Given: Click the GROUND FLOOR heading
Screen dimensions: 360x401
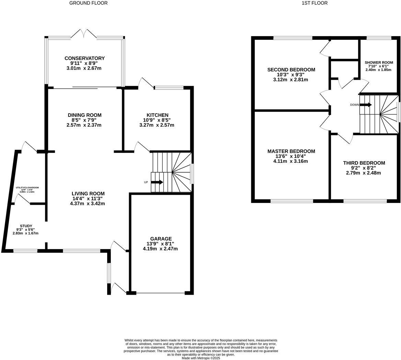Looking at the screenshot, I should click(88, 3).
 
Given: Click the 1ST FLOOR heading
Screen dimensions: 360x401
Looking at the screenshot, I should click(314, 3).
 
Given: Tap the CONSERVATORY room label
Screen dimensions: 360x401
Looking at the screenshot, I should click(84, 58).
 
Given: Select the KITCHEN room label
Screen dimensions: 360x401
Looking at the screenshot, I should click(157, 115).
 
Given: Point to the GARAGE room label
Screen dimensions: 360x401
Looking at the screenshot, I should click(161, 239).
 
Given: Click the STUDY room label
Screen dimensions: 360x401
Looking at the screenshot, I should click(26, 226).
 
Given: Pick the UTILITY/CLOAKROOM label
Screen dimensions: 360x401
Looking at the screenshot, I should click(27, 188).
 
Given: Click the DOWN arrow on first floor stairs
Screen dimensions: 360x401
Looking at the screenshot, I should click(366, 105).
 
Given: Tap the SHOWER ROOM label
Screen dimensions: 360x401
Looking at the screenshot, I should click(378, 63).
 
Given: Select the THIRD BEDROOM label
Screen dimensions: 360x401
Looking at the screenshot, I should click(364, 163).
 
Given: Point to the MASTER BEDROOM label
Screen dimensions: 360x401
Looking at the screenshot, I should click(291, 151).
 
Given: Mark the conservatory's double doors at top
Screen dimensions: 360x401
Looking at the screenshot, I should click(83, 33).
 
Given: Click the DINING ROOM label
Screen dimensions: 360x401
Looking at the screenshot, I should click(84, 115).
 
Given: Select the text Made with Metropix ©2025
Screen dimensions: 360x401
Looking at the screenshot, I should click(201, 358).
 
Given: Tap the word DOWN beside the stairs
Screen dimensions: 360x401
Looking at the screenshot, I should click(354, 105).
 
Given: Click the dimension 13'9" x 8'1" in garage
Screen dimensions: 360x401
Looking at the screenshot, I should click(160, 244).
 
